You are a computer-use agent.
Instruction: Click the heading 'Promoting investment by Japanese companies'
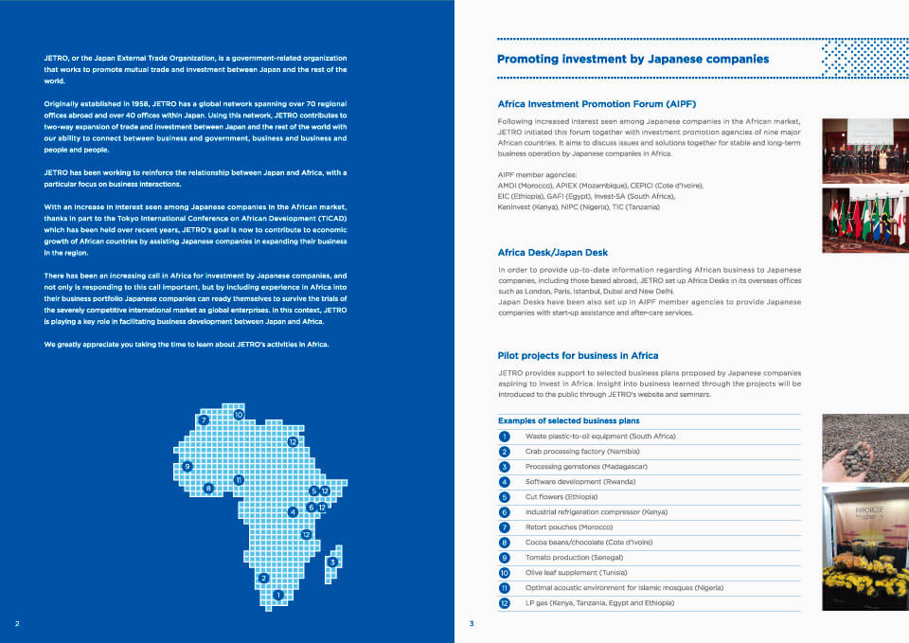click(633, 59)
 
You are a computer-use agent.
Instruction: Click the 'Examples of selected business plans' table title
click(568, 420)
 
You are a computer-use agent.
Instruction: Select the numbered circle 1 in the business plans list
click(505, 437)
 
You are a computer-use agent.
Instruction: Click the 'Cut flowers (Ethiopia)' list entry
click(561, 497)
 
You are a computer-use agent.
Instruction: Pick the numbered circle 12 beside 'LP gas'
click(505, 603)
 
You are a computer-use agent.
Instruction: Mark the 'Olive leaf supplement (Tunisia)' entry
click(580, 573)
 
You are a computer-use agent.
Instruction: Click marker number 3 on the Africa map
click(332, 563)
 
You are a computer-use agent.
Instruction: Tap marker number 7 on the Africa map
click(204, 420)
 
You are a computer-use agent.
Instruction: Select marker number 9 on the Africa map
click(187, 466)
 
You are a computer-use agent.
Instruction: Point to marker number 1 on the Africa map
click(277, 595)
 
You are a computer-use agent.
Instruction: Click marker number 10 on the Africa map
click(239, 414)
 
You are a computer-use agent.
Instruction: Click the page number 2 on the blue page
click(17, 624)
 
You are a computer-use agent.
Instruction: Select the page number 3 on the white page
click(472, 624)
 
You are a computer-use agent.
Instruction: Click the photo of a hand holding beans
click(864, 447)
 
